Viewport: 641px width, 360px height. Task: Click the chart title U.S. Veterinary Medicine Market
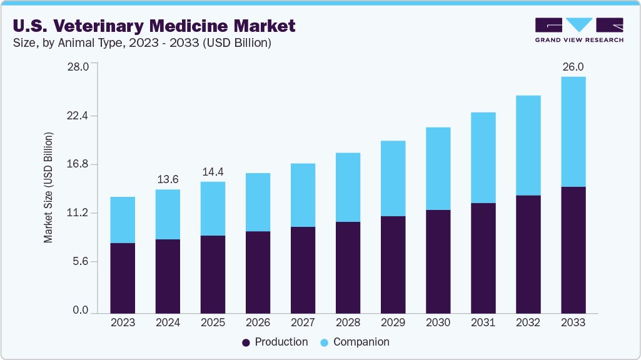click(154, 26)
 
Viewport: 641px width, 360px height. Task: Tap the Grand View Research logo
click(579, 29)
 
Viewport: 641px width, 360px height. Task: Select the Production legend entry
click(275, 342)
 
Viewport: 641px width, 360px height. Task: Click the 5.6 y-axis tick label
click(81, 261)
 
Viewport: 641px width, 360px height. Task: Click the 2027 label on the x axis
click(303, 322)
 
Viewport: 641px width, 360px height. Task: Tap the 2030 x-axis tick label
click(438, 322)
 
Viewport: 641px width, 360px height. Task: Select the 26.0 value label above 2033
click(573, 67)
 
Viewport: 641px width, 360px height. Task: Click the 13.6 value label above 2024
click(168, 179)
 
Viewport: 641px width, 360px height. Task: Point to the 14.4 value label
click(213, 172)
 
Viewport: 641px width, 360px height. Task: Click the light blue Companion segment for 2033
click(573, 131)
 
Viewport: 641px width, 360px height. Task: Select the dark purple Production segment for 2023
click(123, 277)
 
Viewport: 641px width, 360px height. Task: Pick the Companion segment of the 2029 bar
click(393, 178)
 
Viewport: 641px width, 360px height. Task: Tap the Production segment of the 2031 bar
click(483, 257)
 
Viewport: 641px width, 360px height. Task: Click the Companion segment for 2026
click(258, 202)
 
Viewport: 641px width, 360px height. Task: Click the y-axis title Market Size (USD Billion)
click(48, 187)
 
